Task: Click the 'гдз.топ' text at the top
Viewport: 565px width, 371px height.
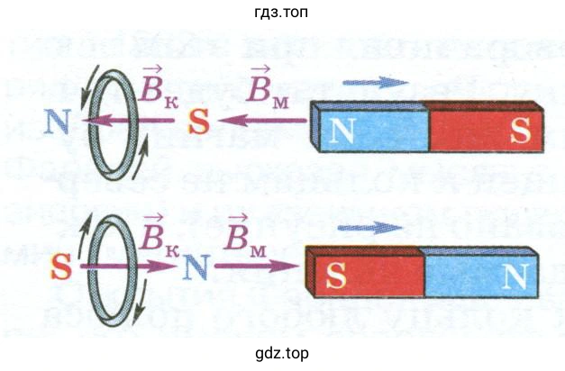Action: [282, 13]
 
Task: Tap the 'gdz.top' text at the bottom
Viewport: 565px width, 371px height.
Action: [282, 353]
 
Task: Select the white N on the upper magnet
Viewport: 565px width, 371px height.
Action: [342, 131]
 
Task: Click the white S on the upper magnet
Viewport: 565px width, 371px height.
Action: [520, 131]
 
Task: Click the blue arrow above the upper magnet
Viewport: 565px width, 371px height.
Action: [369, 83]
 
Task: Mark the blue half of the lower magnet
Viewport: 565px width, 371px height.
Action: [482, 275]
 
